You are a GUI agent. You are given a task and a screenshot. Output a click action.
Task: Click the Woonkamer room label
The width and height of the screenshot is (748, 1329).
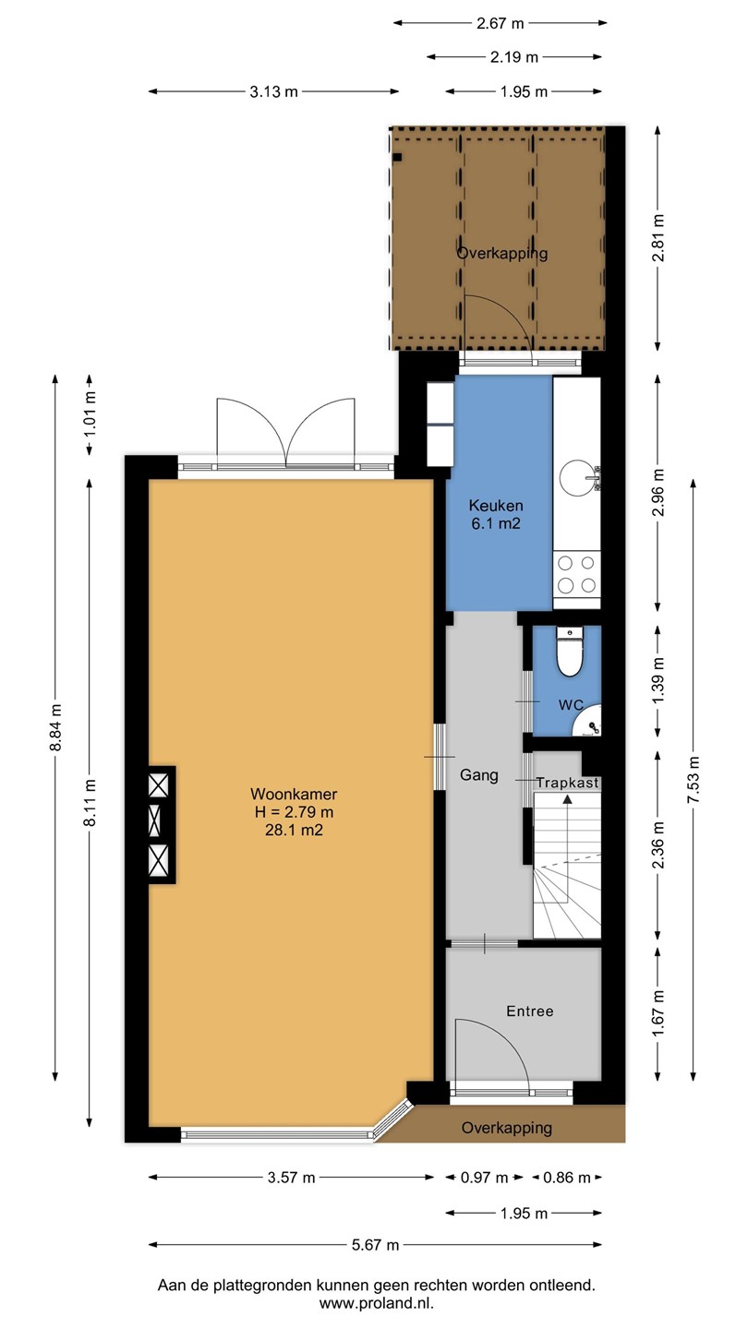pos(294,794)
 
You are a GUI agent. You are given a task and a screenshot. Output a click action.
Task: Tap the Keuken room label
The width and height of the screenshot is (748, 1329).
pos(496,506)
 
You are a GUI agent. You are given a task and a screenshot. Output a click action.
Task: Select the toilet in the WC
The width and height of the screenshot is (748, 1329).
pos(570,652)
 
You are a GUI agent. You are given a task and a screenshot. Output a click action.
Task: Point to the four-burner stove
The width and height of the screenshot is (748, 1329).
pos(576,574)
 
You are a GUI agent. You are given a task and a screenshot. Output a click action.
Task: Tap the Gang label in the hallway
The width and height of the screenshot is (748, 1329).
pos(479,775)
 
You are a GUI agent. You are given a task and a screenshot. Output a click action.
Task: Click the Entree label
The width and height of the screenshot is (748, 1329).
pos(529,1011)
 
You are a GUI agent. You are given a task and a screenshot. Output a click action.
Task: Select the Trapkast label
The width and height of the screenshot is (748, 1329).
pos(568,783)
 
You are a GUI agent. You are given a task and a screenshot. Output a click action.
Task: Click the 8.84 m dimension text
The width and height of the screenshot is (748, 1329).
pos(55,727)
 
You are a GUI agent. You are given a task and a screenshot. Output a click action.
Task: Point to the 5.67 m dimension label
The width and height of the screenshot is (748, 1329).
pos(375,1244)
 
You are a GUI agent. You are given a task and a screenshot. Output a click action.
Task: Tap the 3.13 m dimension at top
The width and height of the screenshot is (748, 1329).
pos(273,91)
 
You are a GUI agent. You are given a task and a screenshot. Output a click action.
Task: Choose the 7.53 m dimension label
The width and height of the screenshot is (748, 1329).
pos(694,780)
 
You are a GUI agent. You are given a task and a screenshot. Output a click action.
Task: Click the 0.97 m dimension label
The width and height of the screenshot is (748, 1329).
pos(485,1177)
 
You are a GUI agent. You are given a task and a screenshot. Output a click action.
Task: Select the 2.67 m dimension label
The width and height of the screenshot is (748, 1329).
pos(501,23)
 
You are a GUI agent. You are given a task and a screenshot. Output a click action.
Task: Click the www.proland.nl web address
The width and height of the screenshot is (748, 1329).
pos(377,1303)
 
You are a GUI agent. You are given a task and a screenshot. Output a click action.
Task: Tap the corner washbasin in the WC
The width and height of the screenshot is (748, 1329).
pos(589,722)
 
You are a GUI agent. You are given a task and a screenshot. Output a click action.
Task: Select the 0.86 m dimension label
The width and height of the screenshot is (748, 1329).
pos(567,1177)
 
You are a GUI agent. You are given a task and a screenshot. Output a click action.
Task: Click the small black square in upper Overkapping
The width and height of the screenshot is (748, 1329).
pos(398,157)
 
